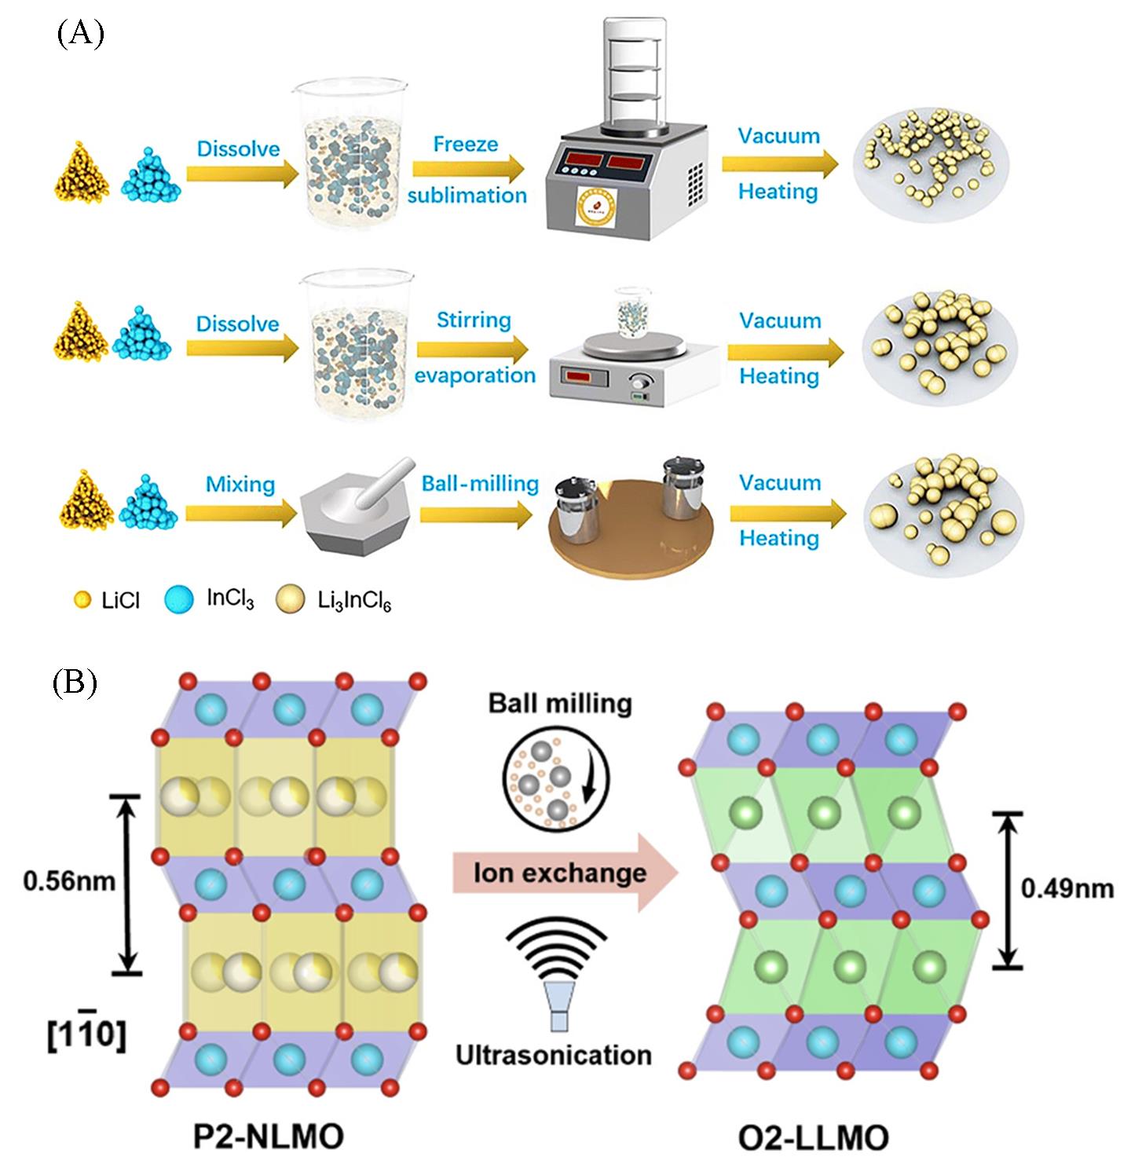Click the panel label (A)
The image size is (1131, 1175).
click(x=80, y=35)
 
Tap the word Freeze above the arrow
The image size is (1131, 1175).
click(x=465, y=145)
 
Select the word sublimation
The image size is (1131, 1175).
click(x=467, y=195)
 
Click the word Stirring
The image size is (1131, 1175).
click(x=474, y=320)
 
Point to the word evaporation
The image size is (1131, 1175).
click(x=475, y=375)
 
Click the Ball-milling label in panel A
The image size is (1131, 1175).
click(x=480, y=483)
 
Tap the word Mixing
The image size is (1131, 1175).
click(x=240, y=485)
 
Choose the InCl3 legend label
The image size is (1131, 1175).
click(x=231, y=601)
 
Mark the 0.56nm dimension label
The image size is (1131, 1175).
click(x=69, y=881)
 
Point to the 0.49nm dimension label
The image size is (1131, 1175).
click(x=1067, y=888)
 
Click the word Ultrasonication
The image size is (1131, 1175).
click(x=554, y=1054)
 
